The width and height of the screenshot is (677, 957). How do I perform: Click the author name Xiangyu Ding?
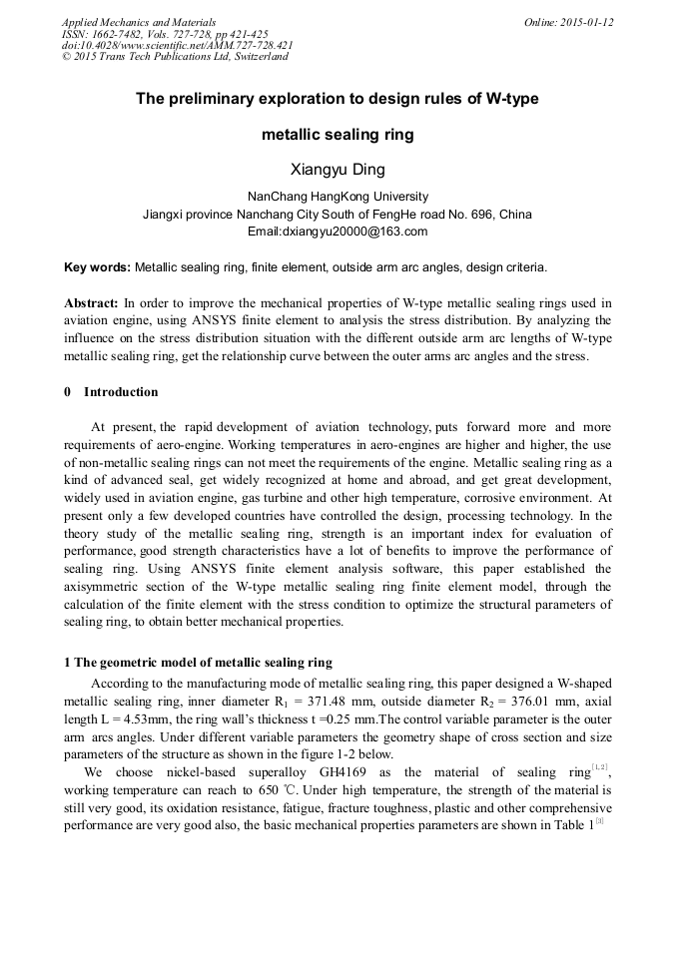tap(338, 169)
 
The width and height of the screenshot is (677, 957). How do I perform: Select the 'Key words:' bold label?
tap(97, 268)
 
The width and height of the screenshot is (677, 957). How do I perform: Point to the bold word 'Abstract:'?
tap(92, 302)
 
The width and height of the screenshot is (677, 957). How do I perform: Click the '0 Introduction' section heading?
tap(111, 391)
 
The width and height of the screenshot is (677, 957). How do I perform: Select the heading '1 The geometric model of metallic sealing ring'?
tap(198, 663)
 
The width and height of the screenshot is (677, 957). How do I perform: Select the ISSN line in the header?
tap(165, 34)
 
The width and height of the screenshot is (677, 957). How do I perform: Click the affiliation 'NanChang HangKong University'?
tap(338, 197)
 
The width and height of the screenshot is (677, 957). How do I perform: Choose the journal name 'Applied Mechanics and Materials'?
tap(138, 22)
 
